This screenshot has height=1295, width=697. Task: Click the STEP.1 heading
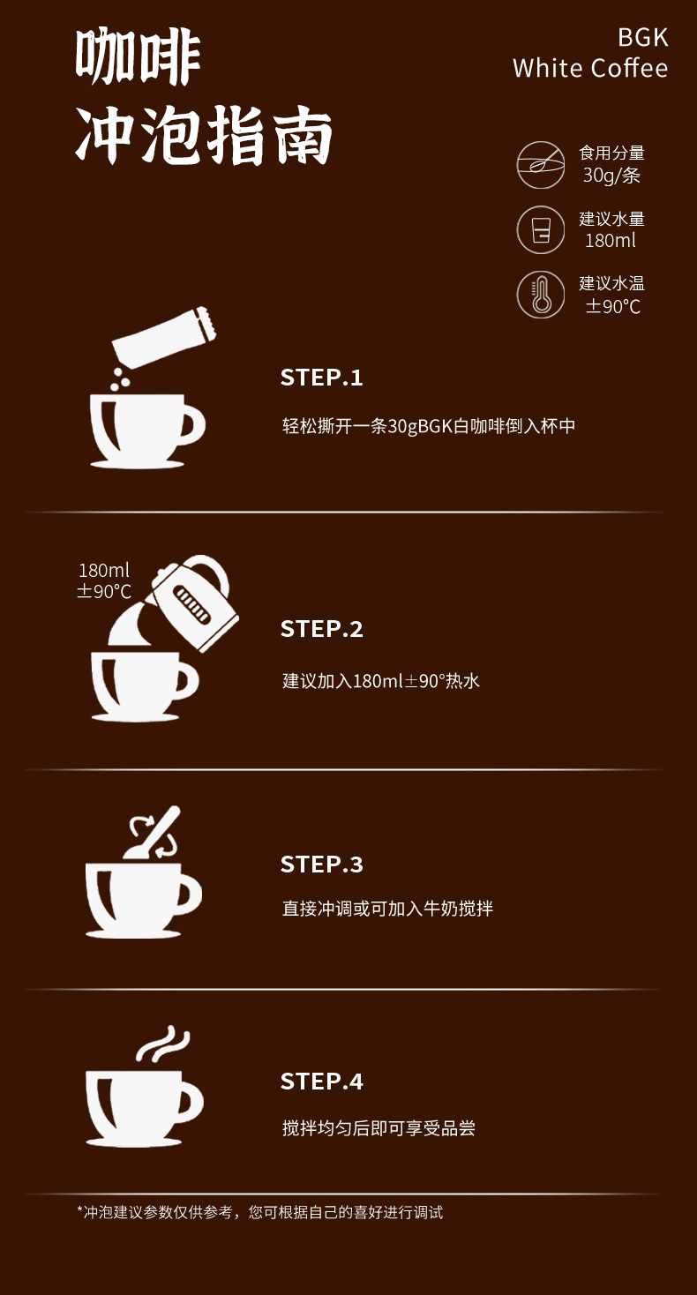click(x=322, y=378)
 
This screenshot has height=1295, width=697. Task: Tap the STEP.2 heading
click(x=322, y=629)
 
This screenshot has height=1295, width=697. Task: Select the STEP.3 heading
click(x=322, y=865)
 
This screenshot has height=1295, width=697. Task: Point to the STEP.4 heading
click(x=322, y=1082)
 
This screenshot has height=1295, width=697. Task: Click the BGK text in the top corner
click(x=642, y=38)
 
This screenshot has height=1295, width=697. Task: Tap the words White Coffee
click(x=590, y=68)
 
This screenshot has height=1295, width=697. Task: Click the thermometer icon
click(x=541, y=295)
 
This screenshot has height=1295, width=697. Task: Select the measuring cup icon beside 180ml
click(x=541, y=229)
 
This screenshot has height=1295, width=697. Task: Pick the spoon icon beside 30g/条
click(x=541, y=165)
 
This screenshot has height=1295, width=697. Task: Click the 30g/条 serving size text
click(x=611, y=176)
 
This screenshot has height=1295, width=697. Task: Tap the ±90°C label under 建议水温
click(x=612, y=306)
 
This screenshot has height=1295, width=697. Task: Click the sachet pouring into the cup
click(x=164, y=337)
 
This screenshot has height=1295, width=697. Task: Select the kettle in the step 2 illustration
click(x=196, y=603)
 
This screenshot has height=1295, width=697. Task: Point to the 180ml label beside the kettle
click(x=104, y=571)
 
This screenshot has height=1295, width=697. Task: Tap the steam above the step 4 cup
click(x=163, y=1044)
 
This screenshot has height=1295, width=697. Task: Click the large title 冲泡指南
click(x=204, y=135)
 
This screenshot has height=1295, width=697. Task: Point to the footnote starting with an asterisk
click(x=259, y=1212)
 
